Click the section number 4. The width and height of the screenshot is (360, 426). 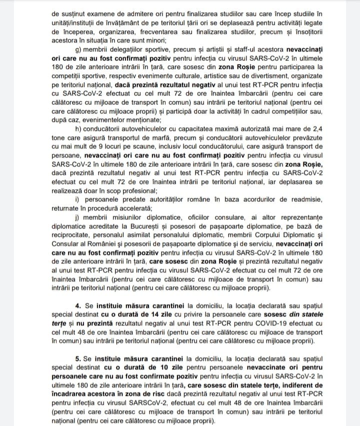77,305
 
